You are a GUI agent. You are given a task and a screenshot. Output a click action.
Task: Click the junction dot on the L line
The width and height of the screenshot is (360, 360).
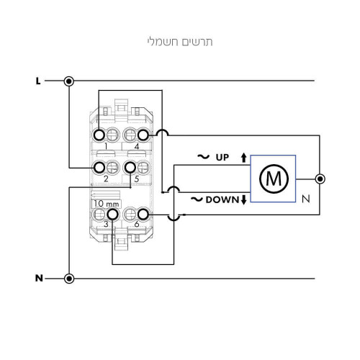click(69, 81)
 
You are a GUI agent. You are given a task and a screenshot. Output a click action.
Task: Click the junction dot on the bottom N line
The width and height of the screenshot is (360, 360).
click(69, 279)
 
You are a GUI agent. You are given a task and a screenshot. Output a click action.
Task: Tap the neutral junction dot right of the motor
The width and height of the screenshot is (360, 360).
click(320, 179)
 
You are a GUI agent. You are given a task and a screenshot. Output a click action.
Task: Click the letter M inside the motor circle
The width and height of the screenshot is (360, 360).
click(274, 179)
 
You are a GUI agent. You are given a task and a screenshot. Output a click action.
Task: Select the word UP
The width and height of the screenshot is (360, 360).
click(222, 158)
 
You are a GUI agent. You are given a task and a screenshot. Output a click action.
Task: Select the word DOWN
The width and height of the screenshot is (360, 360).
click(222, 199)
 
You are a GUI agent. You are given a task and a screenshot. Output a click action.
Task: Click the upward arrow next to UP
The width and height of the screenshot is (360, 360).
click(243, 158)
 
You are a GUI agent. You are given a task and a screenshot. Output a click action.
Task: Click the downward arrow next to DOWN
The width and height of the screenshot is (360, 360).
click(243, 199)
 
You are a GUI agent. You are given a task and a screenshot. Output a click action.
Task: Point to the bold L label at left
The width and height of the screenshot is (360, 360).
click(38, 81)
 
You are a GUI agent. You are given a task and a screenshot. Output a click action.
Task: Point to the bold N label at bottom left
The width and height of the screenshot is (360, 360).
click(39, 279)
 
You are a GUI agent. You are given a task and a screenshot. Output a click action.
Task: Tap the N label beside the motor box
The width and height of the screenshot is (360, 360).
click(306, 199)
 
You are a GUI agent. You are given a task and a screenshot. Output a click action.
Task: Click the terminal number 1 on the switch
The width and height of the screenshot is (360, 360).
click(106, 146)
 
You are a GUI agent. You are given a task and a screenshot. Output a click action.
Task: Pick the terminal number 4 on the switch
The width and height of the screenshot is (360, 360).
click(137, 146)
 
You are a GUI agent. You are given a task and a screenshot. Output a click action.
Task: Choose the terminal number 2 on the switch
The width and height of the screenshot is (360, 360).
click(106, 179)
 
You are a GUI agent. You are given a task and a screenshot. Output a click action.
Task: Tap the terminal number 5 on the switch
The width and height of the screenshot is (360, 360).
click(137, 179)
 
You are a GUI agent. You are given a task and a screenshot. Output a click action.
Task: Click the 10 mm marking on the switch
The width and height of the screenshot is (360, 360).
click(107, 204)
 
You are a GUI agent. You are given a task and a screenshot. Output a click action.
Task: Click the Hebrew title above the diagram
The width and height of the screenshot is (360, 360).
click(180, 42)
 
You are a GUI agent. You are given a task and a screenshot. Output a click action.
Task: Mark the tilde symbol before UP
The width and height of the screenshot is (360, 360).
click(204, 157)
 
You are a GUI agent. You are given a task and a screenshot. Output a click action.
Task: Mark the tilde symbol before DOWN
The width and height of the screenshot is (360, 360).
click(197, 199)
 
